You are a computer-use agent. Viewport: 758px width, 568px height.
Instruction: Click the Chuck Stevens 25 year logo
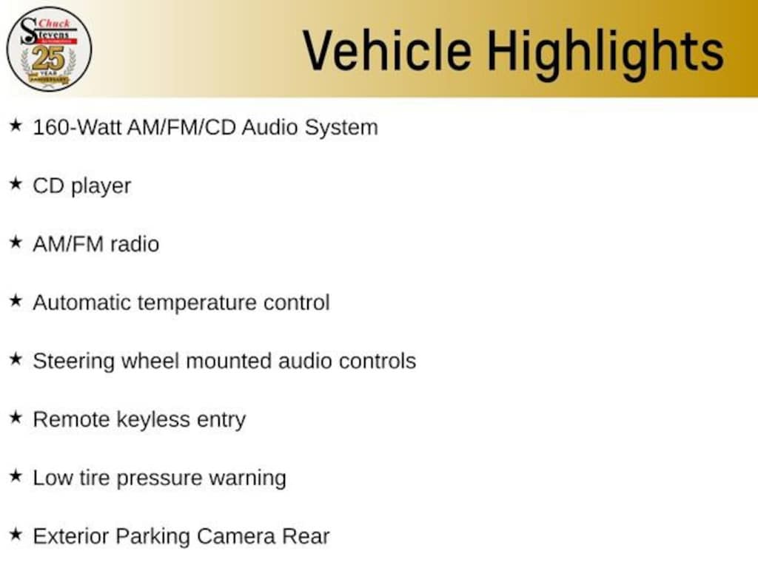(x=49, y=49)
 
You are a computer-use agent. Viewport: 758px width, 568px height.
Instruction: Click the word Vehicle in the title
(x=386, y=50)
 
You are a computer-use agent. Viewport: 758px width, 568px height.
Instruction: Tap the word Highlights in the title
(x=606, y=53)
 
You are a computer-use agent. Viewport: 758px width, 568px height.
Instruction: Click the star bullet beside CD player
(x=16, y=183)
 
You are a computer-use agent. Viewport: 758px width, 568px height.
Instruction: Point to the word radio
(x=135, y=244)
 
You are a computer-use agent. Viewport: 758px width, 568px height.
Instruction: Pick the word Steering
(x=73, y=362)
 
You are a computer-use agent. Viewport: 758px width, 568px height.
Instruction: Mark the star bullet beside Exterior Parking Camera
(x=16, y=534)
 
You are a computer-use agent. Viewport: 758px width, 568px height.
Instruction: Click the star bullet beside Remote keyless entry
(x=16, y=417)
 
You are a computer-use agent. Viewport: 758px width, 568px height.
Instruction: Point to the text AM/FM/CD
(x=182, y=127)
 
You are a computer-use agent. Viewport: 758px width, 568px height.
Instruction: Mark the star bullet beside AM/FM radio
(x=16, y=242)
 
